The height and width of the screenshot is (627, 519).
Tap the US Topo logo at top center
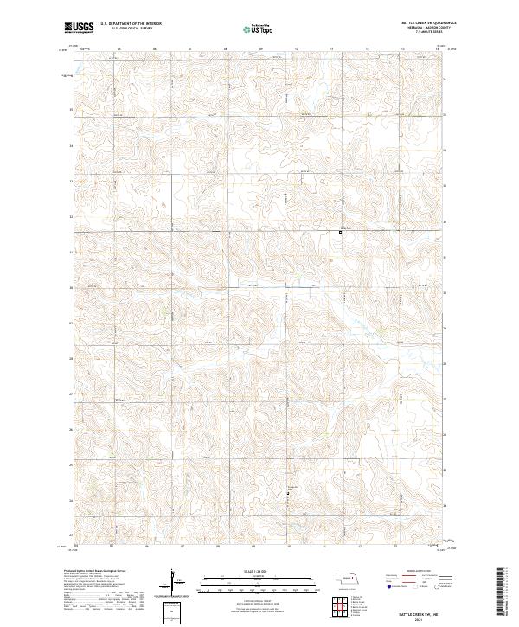252,29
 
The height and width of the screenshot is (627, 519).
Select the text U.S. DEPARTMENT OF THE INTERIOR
131,25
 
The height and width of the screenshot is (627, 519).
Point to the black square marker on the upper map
341,232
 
